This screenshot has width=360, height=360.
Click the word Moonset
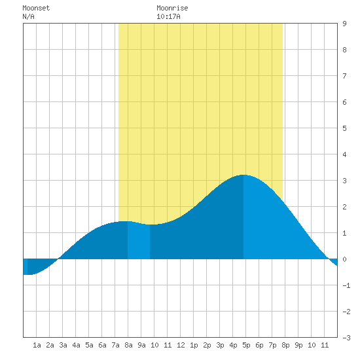[36, 8]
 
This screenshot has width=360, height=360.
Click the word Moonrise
[172, 8]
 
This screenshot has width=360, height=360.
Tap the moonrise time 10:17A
[168, 16]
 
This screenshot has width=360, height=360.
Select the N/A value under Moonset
[28, 16]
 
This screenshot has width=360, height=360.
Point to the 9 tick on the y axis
[344, 24]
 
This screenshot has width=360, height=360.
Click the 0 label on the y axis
[344, 259]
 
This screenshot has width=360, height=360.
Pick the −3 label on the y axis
[346, 338]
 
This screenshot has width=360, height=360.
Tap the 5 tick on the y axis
[344, 128]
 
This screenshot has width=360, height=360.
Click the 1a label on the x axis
[37, 345]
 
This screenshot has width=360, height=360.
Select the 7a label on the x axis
[115, 345]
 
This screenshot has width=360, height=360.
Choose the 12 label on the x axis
[181, 345]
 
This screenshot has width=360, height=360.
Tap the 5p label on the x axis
[246, 345]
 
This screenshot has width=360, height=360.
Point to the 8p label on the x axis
[285, 345]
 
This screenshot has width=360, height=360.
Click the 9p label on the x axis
[298, 345]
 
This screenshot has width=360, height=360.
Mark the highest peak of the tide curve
[243, 175]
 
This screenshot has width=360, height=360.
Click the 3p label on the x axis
[220, 345]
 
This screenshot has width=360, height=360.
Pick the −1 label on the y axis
[346, 285]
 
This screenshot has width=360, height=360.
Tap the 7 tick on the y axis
[344, 76]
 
